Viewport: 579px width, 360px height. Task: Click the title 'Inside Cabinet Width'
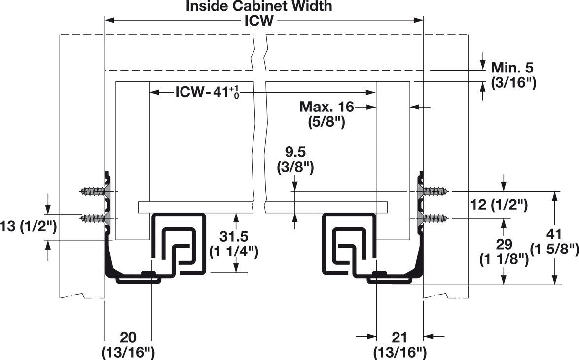[x=259, y=6]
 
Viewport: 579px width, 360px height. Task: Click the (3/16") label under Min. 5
[x=513, y=83]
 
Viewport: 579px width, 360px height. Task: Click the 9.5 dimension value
[x=295, y=153]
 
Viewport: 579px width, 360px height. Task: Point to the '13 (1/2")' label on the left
[x=28, y=227]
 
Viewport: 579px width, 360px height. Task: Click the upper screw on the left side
[x=93, y=191]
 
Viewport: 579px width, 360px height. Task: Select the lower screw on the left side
[x=93, y=217]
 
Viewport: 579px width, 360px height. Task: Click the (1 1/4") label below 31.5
[x=234, y=252]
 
